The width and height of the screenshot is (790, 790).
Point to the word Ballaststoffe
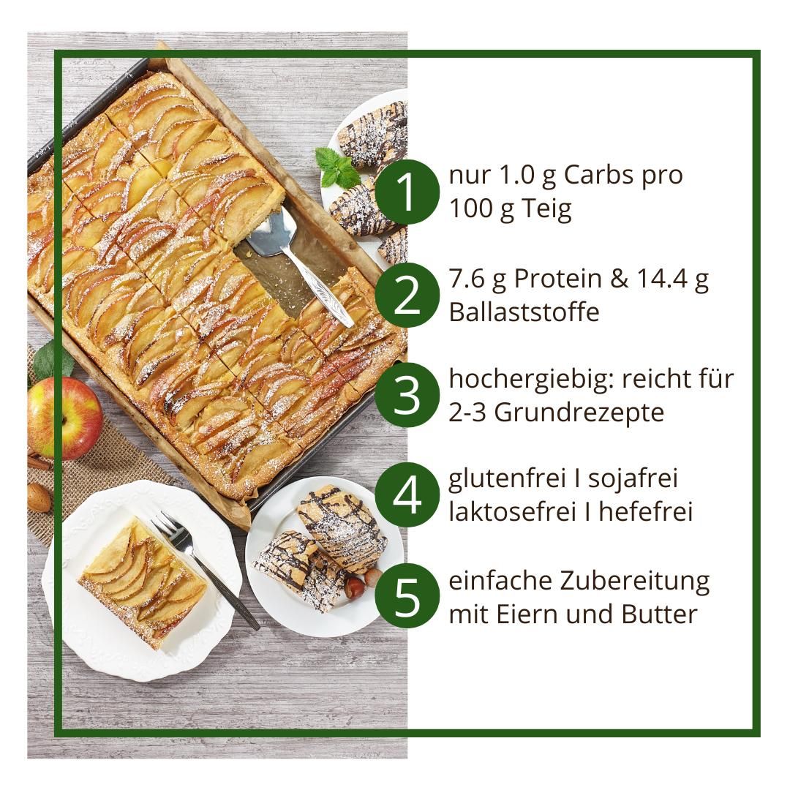[x=524, y=312]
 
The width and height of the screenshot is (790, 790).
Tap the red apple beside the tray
[x=64, y=418]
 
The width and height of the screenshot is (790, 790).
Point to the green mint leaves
[x=339, y=168]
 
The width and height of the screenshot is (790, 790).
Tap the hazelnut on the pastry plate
[x=355, y=587]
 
